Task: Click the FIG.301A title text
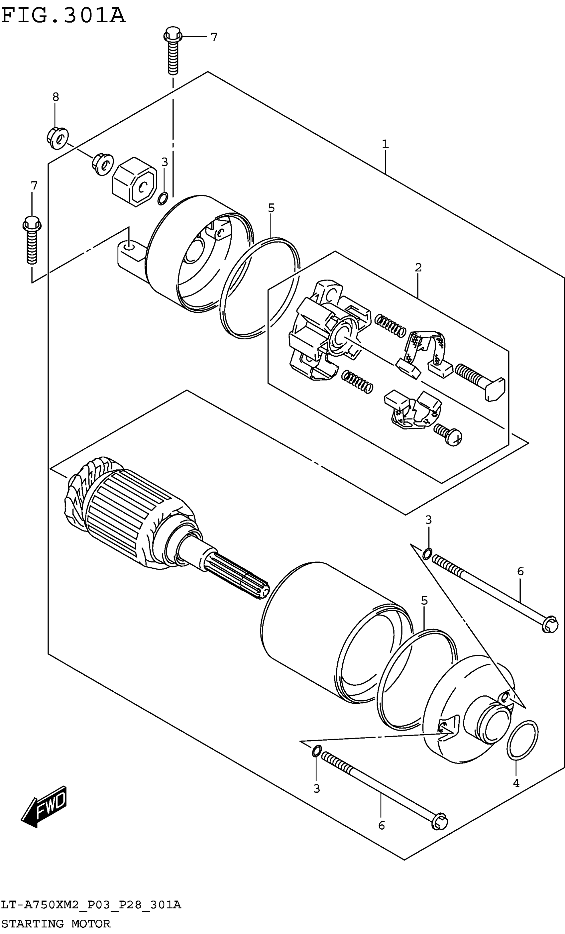63,16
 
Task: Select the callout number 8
56,97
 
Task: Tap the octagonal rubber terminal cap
134,182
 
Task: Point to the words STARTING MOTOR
56,923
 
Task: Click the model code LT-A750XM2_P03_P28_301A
91,905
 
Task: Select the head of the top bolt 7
173,35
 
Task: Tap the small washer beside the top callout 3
163,198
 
